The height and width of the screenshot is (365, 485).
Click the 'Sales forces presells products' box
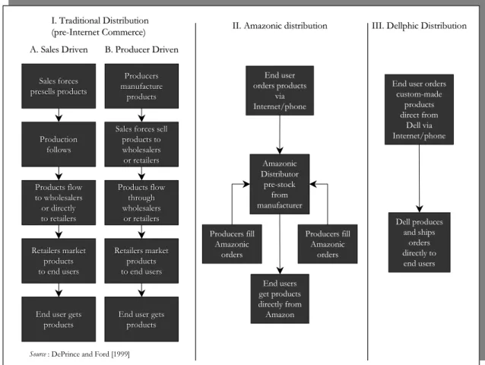click(59, 86)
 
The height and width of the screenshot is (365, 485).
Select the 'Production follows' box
click(59, 144)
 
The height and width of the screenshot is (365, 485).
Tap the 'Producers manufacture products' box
click(141, 86)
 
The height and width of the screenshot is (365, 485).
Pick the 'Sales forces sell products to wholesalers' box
click(141, 144)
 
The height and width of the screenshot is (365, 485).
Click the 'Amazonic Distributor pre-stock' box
click(280, 184)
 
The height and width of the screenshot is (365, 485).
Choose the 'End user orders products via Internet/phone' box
click(280, 90)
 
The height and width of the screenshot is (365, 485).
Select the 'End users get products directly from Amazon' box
click(280, 299)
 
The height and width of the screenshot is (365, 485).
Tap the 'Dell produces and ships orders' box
click(419, 243)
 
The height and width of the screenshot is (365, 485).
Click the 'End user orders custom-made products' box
click(419, 109)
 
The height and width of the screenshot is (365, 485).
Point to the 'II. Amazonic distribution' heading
click(280, 26)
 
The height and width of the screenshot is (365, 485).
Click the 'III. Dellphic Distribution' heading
click(419, 26)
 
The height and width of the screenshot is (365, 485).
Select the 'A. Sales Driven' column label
click(59, 49)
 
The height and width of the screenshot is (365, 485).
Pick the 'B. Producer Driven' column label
click(141, 49)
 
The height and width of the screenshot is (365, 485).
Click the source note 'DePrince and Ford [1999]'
click(90, 354)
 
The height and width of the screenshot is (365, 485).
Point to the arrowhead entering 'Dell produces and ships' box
click(419, 209)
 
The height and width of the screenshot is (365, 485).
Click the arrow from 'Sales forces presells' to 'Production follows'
click(59, 115)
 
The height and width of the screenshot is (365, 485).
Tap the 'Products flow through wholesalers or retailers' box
click(141, 202)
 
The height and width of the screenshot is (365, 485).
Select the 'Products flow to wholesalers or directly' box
click(59, 202)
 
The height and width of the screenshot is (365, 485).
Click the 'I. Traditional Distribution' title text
click(100, 21)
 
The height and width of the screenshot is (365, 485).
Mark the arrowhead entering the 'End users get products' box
click(280, 271)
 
